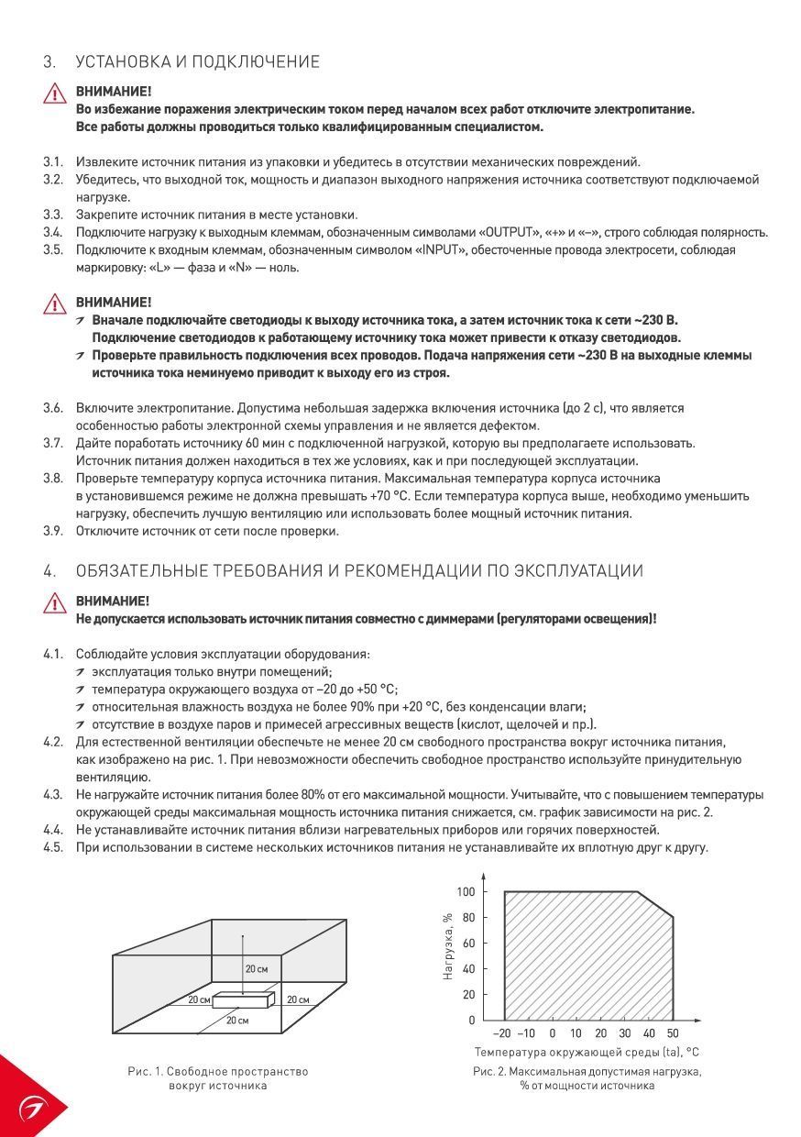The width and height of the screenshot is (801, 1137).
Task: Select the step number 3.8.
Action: point(53,479)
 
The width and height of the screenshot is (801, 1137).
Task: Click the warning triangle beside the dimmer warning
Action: point(55,603)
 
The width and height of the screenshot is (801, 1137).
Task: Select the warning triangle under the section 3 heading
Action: point(55,94)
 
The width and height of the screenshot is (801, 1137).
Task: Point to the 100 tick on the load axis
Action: point(466,892)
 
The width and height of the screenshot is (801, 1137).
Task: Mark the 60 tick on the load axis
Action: point(468,944)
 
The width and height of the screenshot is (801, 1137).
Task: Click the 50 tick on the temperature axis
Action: point(672,1033)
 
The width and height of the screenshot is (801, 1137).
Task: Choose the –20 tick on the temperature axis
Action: point(503,1033)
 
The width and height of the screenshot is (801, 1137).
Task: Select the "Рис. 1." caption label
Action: point(145,1071)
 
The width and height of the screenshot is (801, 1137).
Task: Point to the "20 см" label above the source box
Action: point(257,968)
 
